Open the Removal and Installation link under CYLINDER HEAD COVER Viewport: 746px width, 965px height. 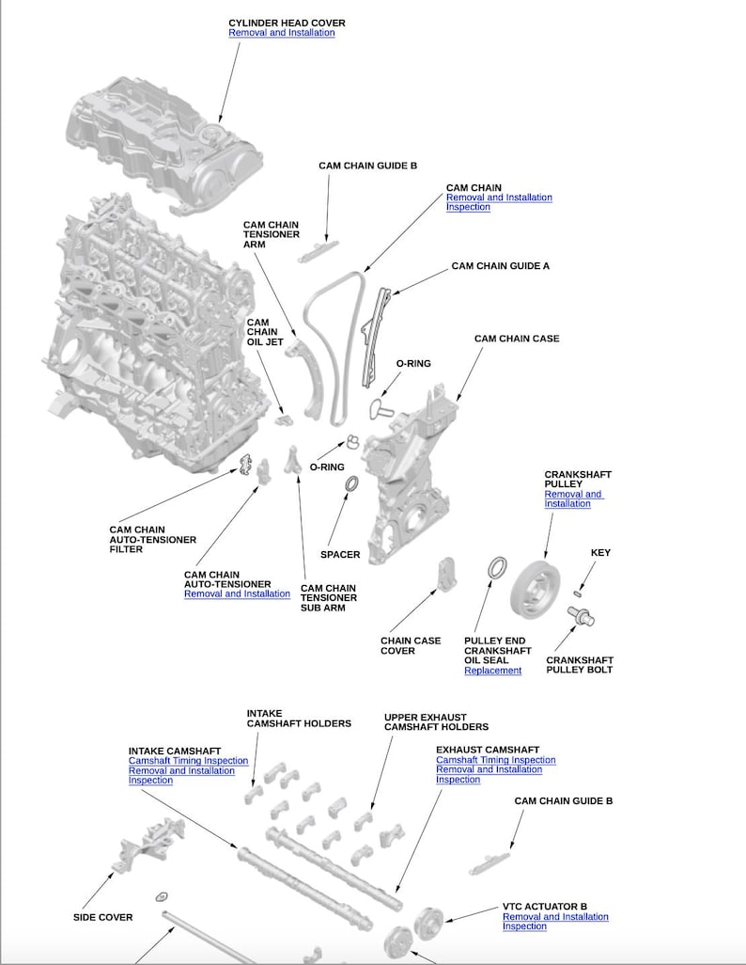pyautogui.click(x=282, y=33)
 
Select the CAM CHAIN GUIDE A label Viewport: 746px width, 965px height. pyautogui.click(x=500, y=266)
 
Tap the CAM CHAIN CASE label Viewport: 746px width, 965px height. pyautogui.click(x=516, y=339)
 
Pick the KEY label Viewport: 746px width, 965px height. pyautogui.click(x=600, y=553)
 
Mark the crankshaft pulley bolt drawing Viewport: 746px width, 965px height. pyautogui.click(x=582, y=617)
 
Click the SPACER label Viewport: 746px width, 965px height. pyautogui.click(x=340, y=555)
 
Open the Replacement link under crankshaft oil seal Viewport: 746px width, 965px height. pyautogui.click(x=492, y=671)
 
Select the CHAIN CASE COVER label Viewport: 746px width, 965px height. pyautogui.click(x=411, y=646)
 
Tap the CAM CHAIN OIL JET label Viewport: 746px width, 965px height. pyautogui.click(x=264, y=332)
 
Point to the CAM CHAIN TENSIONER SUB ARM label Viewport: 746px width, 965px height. pyautogui.click(x=328, y=598)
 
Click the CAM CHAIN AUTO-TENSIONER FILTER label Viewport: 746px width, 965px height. pyautogui.click(x=152, y=540)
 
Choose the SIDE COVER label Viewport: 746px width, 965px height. pyautogui.click(x=102, y=917)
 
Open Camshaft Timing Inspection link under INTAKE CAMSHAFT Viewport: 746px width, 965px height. pyautogui.click(x=188, y=761)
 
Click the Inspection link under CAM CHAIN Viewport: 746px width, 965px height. pyautogui.click(x=468, y=207)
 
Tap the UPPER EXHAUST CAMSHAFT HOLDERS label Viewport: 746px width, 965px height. pyautogui.click(x=436, y=722)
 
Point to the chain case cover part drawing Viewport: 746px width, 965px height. pyautogui.click(x=446, y=573)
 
